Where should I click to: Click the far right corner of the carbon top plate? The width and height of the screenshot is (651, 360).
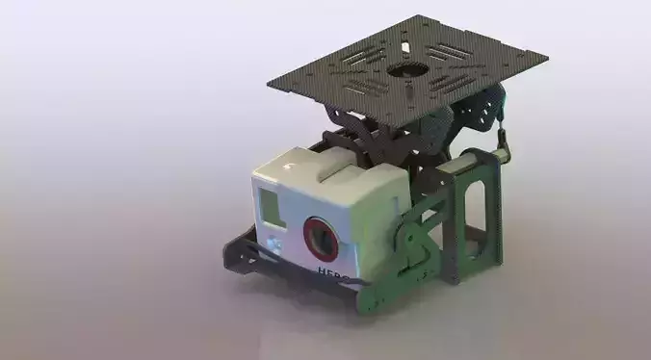(x=548, y=57)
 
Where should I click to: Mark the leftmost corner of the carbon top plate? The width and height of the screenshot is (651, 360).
(x=268, y=84)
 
